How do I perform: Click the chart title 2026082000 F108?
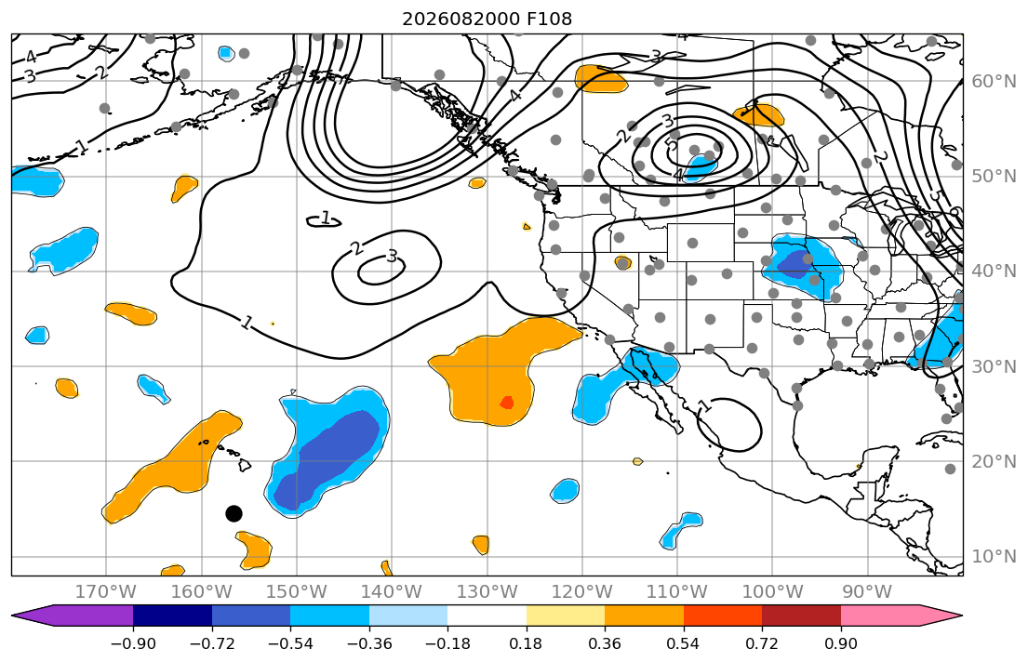tap(487, 19)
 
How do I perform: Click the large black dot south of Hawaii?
tap(234, 513)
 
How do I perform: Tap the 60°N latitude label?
tap(994, 81)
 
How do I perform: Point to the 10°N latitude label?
tap(994, 557)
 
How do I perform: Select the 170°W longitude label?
tap(105, 592)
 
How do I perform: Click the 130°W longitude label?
tap(487, 592)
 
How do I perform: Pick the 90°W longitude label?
tap(867, 592)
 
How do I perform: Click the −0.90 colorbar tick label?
tap(133, 643)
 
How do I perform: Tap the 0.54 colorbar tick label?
tap(683, 643)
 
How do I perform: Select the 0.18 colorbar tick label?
tap(526, 643)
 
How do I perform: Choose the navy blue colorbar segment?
tap(172, 616)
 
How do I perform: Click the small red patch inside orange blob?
tap(507, 403)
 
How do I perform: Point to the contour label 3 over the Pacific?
tap(392, 256)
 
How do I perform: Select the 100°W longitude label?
tap(772, 592)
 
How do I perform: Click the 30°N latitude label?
tap(994, 366)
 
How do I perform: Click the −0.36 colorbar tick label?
tap(369, 643)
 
